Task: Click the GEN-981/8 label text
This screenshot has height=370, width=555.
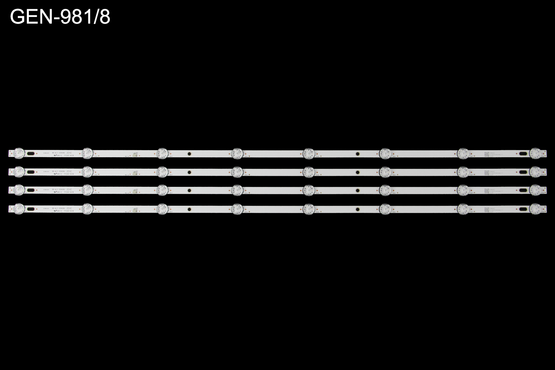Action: click(x=60, y=17)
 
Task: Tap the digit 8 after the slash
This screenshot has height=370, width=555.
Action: click(x=104, y=17)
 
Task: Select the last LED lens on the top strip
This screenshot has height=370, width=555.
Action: click(x=535, y=153)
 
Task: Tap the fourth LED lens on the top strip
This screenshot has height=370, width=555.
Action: click(x=237, y=153)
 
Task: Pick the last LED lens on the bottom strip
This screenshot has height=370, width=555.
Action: click(x=535, y=209)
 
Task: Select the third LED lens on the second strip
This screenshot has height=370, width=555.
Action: click(x=162, y=172)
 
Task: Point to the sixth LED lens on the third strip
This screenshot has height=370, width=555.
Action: click(x=385, y=190)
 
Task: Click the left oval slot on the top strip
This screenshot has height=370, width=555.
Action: click(x=32, y=154)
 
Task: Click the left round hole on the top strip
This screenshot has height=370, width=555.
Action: click(x=189, y=153)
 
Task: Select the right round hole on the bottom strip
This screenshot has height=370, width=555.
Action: click(x=357, y=209)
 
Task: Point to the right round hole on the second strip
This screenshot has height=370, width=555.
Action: click(x=357, y=172)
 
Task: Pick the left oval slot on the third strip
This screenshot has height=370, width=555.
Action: click(x=32, y=191)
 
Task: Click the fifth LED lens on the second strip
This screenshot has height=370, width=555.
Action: click(x=308, y=172)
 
